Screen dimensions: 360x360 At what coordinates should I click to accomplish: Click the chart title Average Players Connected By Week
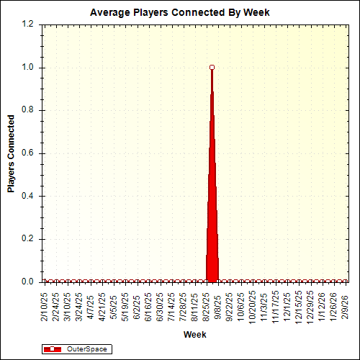click(x=179, y=12)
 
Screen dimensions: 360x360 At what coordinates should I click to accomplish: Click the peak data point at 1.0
click(x=212, y=67)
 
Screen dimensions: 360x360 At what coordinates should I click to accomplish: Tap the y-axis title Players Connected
click(x=11, y=153)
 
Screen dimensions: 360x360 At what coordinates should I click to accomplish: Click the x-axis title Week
click(x=194, y=335)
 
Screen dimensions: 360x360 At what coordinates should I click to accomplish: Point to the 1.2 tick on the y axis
click(x=28, y=24)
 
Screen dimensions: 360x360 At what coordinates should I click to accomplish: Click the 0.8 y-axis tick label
click(x=28, y=110)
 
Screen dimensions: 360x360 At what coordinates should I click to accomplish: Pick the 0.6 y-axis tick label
click(x=28, y=153)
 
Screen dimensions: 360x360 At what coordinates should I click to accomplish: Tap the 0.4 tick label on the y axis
click(x=28, y=196)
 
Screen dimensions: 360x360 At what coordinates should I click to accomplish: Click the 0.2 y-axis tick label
click(x=28, y=239)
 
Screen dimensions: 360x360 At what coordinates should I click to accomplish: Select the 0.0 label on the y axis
click(x=28, y=282)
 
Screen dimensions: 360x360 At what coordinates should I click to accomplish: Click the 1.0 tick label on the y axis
click(x=28, y=68)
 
